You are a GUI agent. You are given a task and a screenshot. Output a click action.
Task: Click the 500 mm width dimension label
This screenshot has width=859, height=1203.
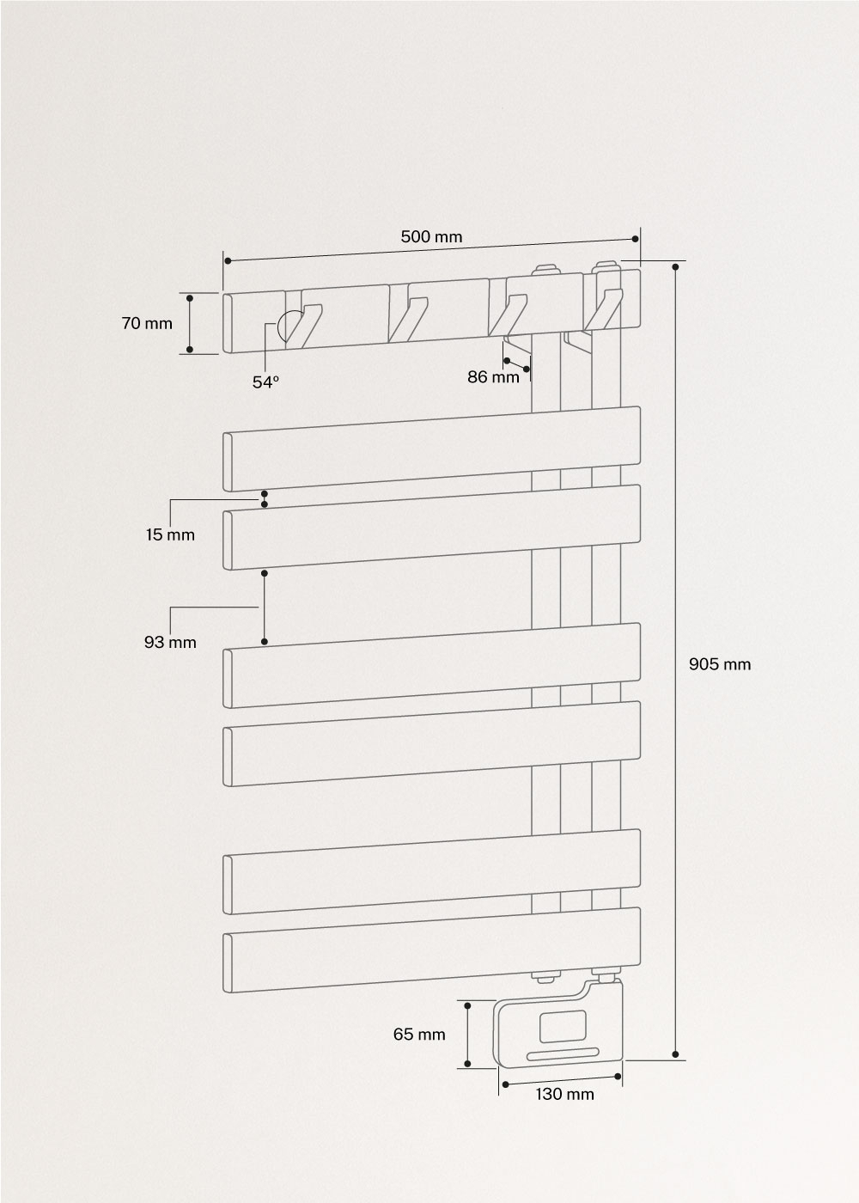(x=431, y=237)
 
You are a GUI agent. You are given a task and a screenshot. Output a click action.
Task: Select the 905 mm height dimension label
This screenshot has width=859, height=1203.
(x=720, y=663)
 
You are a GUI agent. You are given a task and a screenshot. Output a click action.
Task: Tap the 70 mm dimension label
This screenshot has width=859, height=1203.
(x=147, y=324)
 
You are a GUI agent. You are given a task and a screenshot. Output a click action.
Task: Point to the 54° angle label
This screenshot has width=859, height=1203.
(x=265, y=382)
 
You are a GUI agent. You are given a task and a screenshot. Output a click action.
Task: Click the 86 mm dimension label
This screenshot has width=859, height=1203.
(x=493, y=376)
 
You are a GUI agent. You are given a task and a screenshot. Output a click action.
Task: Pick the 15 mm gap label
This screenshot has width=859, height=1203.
(x=170, y=534)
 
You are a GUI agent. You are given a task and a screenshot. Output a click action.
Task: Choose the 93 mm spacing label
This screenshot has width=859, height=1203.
(x=170, y=642)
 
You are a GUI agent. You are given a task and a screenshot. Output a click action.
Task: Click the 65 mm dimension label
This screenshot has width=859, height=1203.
(x=419, y=1035)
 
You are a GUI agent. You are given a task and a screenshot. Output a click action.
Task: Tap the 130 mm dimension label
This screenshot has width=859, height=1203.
(x=564, y=1094)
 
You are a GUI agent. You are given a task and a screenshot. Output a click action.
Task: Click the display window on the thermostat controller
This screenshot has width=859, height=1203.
(x=563, y=1026)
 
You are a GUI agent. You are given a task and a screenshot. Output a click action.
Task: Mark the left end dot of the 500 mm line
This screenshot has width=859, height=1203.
(x=227, y=260)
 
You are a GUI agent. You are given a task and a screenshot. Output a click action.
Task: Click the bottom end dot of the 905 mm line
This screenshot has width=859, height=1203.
(x=676, y=1053)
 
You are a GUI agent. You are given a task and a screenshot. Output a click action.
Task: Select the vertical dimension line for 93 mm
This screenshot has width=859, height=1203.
(x=265, y=607)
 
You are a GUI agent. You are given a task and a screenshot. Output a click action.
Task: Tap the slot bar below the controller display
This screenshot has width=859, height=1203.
(x=563, y=1053)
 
